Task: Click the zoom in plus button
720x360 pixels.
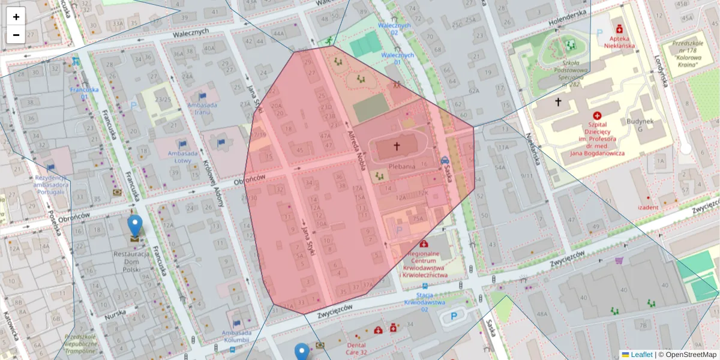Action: tap(16, 17)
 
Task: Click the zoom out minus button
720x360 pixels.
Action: tap(16, 35)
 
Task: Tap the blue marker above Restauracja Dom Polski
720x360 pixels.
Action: tap(136, 226)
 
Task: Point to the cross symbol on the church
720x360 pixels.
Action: tap(396, 146)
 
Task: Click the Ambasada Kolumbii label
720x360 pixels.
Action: tap(235, 337)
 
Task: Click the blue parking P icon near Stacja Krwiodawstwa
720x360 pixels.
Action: tap(454, 316)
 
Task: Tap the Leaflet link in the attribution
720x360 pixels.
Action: tap(641, 355)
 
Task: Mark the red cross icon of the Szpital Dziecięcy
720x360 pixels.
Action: tap(597, 115)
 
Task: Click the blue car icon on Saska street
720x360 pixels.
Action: tap(445, 160)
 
